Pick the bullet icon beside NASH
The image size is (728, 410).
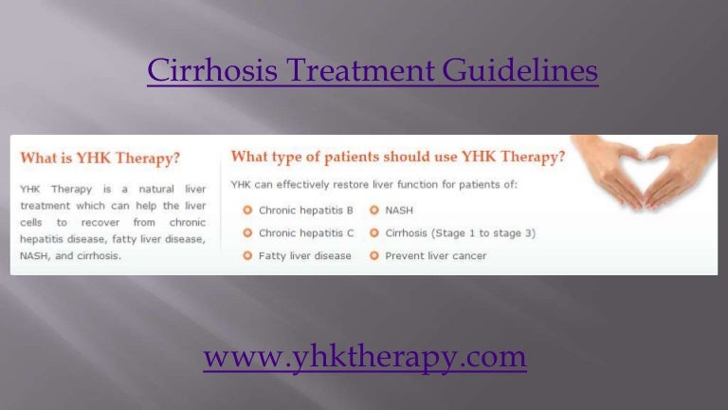click(x=374, y=210)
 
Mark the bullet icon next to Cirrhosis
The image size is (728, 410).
click(x=374, y=233)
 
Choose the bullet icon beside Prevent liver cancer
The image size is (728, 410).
click(x=374, y=255)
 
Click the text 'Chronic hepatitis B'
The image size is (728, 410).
click(x=305, y=210)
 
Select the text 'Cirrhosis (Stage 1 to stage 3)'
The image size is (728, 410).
click(x=460, y=233)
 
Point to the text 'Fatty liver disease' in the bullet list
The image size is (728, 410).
click(x=304, y=255)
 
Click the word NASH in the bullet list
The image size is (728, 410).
click(x=400, y=210)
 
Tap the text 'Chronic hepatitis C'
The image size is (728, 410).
click(x=305, y=233)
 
